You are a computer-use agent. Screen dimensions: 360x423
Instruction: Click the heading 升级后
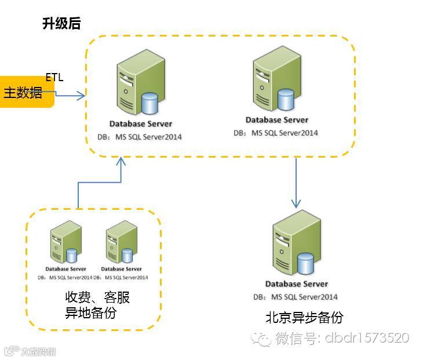tap(61, 24)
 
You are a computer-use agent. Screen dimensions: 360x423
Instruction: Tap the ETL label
tap(54, 77)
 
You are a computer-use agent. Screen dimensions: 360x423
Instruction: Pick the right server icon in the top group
tap(272, 82)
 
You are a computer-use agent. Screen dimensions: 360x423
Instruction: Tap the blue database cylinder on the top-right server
tap(285, 99)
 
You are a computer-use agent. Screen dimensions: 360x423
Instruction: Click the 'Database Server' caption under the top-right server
tap(276, 120)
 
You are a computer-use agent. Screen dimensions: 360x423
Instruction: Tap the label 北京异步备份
tap(304, 318)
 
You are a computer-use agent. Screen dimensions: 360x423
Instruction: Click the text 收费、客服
tap(97, 298)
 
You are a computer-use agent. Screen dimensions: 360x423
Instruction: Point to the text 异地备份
tap(90, 313)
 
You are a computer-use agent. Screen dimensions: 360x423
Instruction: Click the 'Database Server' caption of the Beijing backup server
tap(297, 284)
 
